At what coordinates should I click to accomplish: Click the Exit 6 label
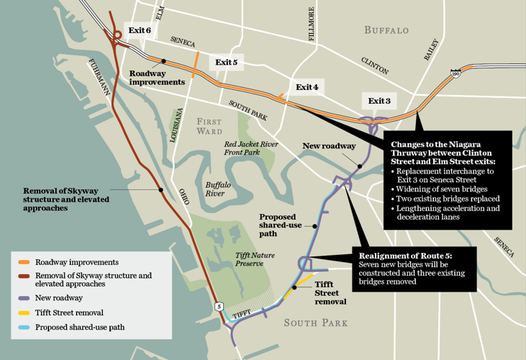[x=139, y=30]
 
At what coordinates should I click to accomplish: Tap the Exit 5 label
[x=226, y=63]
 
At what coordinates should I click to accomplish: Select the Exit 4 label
[x=307, y=87]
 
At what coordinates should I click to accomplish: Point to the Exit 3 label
[x=379, y=101]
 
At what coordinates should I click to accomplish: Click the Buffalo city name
[x=386, y=30]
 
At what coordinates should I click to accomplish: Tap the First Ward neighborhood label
[x=209, y=127]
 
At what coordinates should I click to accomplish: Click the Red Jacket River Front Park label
[x=250, y=148]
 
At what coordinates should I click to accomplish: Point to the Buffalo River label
[x=217, y=189]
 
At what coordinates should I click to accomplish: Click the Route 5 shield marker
[x=219, y=307]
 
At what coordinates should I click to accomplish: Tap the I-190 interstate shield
[x=455, y=73]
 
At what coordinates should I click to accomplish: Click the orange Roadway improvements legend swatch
[x=24, y=263]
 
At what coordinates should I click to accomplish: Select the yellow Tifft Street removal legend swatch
[x=24, y=312]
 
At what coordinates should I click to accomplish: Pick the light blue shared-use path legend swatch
[x=24, y=328]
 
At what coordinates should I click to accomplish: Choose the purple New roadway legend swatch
[x=24, y=298]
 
